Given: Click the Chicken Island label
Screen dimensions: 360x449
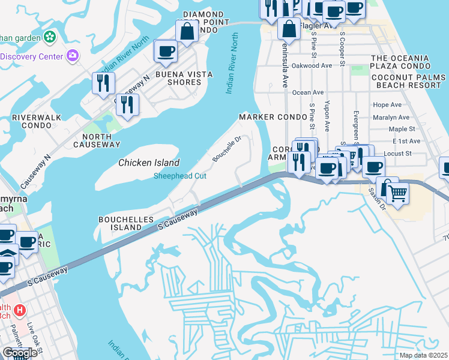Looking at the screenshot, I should click(x=149, y=163).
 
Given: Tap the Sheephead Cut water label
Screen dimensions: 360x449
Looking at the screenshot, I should click(x=180, y=176).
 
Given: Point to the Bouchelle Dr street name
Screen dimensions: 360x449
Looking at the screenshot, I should click(x=226, y=149).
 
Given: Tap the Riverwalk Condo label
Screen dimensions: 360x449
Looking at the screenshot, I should click(x=32, y=122).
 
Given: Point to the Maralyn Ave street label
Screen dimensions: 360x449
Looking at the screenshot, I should click(x=391, y=118).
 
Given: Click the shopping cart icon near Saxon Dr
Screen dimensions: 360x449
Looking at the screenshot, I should click(x=396, y=194).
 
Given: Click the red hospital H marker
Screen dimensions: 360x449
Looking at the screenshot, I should click(x=20, y=310).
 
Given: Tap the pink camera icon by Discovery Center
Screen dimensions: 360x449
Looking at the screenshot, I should click(x=73, y=56).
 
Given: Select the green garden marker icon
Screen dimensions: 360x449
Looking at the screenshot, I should click(x=50, y=37).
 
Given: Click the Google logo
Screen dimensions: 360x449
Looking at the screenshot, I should click(x=20, y=352).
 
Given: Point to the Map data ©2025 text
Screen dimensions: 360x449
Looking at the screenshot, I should click(x=423, y=355).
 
